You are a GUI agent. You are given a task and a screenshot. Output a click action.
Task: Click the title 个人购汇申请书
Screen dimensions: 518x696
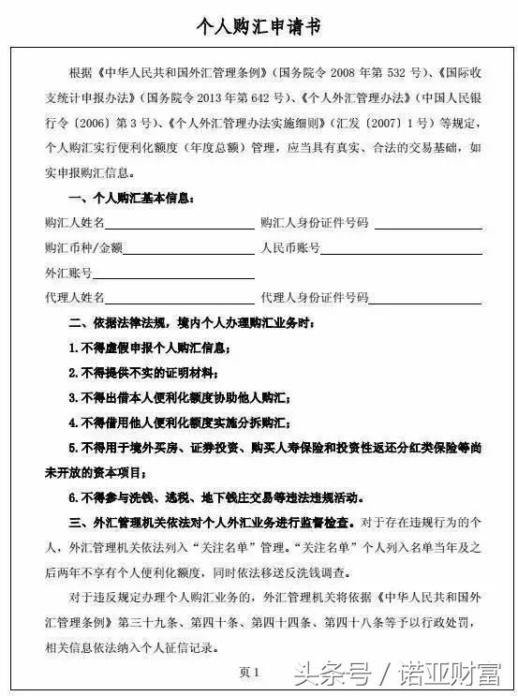pos(259,26)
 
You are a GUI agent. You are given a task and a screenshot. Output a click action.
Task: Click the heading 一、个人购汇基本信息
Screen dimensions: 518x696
pos(132,199)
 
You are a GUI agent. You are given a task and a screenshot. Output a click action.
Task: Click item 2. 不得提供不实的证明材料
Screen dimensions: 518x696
pos(149,373)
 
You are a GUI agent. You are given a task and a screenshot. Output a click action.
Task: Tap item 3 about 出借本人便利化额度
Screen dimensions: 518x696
pos(184,398)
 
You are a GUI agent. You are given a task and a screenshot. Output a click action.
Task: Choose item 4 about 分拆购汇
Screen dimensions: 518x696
pos(184,422)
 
